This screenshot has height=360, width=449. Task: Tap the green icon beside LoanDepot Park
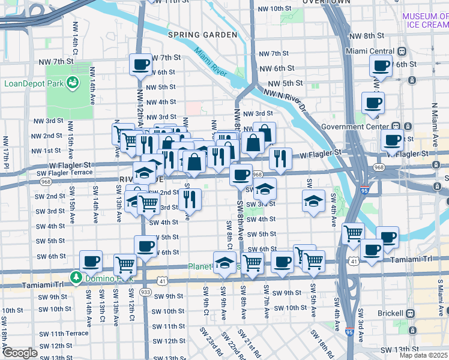pos(73,82)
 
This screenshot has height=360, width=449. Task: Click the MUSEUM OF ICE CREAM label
pos(425,20)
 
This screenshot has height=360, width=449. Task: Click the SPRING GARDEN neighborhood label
pos(202,35)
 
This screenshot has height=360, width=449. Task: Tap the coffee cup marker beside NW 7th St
pos(141,64)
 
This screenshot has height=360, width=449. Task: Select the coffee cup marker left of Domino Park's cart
pos(91,261)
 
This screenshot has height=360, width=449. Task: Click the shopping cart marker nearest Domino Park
pos(125,264)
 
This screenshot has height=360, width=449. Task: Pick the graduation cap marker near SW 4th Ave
pos(313,201)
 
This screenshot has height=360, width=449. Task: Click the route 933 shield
pos(145,291)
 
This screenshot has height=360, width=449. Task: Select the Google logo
pos(20,353)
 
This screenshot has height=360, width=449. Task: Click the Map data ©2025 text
pos(423,355)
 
